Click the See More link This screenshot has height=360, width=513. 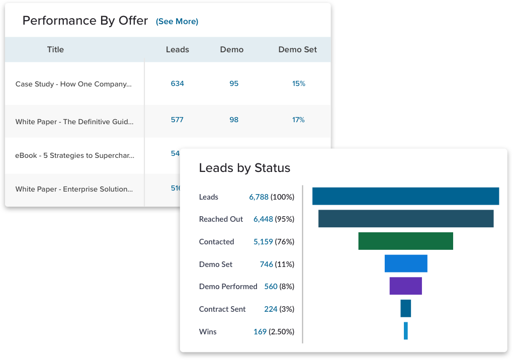click(177, 22)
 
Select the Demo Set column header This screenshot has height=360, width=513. click(298, 50)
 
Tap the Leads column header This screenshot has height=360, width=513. click(178, 50)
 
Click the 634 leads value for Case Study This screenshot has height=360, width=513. click(178, 83)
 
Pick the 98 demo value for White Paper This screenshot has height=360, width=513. click(234, 120)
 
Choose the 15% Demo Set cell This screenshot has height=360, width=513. click(299, 83)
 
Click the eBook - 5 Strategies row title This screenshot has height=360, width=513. click(75, 155)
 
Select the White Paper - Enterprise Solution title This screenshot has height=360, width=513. click(74, 189)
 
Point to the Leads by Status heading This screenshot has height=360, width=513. click(244, 168)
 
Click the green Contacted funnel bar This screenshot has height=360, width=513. click(405, 241)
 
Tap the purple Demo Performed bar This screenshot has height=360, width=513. click(405, 286)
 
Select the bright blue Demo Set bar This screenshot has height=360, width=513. click(405, 263)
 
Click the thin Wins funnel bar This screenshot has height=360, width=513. click(405, 331)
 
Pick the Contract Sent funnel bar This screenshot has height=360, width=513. click(405, 308)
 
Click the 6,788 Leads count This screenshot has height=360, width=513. click(259, 197)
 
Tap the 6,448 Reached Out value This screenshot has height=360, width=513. click(263, 219)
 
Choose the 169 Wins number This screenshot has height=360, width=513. click(260, 332)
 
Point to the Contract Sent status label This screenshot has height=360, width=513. click(222, 309)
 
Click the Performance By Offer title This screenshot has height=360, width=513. click(85, 21)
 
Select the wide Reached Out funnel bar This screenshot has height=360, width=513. click(405, 218)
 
